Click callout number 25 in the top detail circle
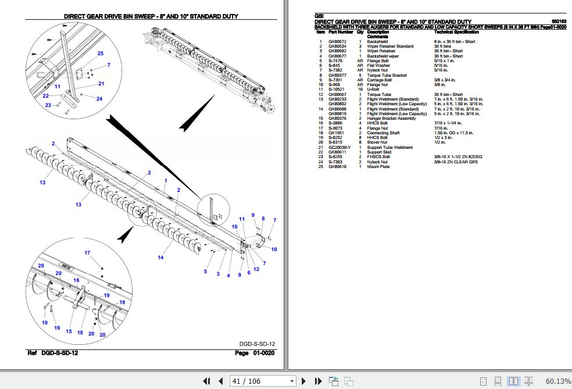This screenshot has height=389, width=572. tap(101, 53)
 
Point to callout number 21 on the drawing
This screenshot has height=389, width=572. tap(101, 84)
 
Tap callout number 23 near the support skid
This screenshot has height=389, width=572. tap(49, 105)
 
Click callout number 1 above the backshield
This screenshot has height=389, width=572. tap(166, 181)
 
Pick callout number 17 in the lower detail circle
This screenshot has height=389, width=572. tap(87, 253)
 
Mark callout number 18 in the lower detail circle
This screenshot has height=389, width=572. tap(80, 332)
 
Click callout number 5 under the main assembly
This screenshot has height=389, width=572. tap(205, 272)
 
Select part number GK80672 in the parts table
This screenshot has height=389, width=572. tap(337, 42)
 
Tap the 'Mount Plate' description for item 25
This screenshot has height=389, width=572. tap(378, 167)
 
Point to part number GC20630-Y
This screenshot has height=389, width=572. tap(339, 148)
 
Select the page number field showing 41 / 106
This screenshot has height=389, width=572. tap(263, 381)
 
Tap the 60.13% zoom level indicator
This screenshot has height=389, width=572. tap(558, 381)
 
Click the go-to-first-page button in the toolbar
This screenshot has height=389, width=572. tap(206, 381)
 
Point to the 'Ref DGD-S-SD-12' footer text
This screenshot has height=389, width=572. tap(53, 353)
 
